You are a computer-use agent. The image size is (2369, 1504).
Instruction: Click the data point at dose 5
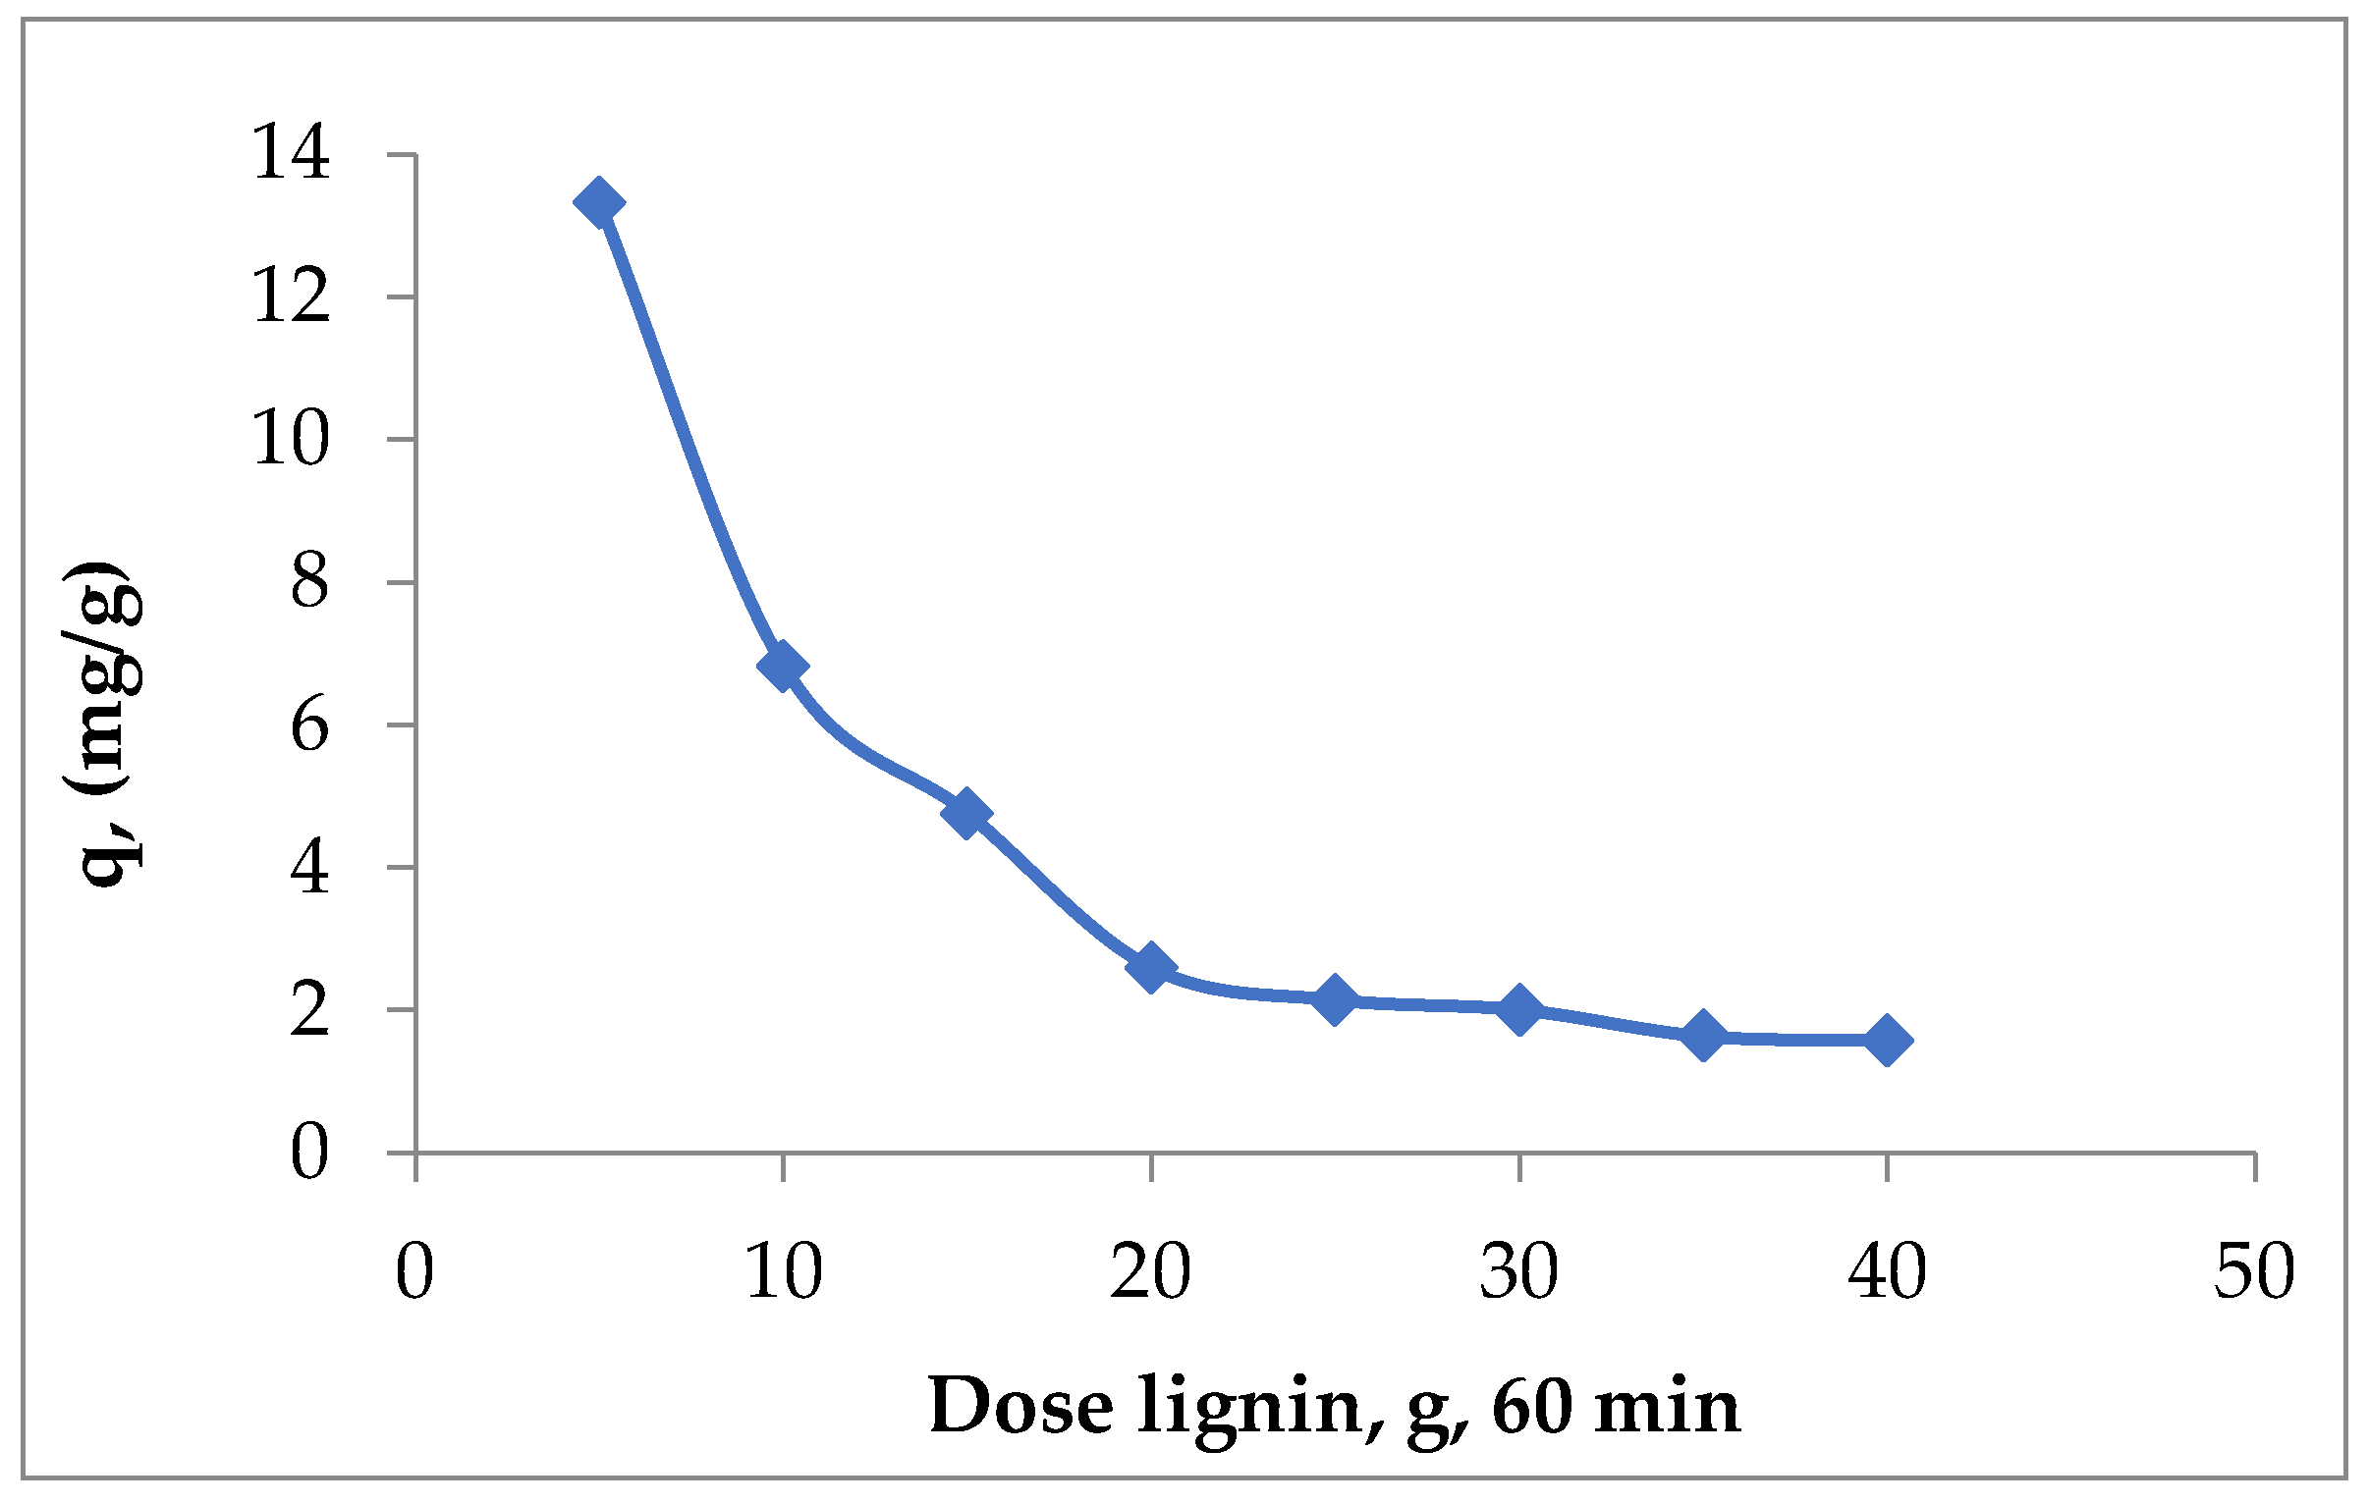click(598, 202)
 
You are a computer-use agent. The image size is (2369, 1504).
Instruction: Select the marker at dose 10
click(783, 667)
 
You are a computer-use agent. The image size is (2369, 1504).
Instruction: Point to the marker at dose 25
click(1335, 1000)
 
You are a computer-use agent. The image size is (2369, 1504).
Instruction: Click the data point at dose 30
click(1519, 1009)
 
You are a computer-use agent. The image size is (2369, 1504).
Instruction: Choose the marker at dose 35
click(1703, 1035)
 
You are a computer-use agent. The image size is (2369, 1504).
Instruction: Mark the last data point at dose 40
click(1887, 1040)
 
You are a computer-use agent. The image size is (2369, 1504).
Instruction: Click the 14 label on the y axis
click(291, 154)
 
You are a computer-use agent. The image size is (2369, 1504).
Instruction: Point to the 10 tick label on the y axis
click(291, 439)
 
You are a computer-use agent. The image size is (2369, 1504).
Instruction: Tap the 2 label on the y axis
click(309, 1010)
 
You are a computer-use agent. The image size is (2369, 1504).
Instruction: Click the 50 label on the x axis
click(2254, 1272)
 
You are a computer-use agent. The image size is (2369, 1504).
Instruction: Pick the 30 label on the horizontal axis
click(1519, 1272)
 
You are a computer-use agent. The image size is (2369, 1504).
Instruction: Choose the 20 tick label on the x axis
click(1150, 1272)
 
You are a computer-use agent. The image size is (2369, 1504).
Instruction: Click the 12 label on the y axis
click(291, 297)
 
